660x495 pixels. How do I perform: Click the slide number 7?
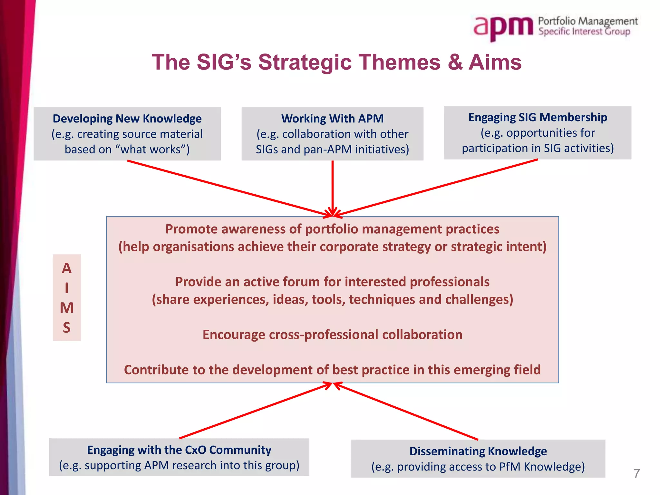(636, 474)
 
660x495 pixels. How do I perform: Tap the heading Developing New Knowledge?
(127, 119)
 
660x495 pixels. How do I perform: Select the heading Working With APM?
(332, 119)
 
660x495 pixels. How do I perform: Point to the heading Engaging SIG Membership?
(538, 117)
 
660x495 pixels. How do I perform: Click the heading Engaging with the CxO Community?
(179, 450)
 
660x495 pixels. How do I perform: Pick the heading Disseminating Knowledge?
(478, 451)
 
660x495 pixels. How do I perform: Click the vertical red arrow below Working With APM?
(332, 187)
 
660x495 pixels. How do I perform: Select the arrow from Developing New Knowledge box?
(226, 188)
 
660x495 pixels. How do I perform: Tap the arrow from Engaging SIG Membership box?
(438, 188)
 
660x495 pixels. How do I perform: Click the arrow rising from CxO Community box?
(255, 411)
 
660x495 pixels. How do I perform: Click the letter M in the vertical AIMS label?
(67, 308)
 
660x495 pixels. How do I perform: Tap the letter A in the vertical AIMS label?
(67, 268)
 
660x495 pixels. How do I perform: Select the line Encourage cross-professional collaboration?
(332, 335)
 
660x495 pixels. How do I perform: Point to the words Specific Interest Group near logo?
(584, 32)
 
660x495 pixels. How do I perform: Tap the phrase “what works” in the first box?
(150, 150)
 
